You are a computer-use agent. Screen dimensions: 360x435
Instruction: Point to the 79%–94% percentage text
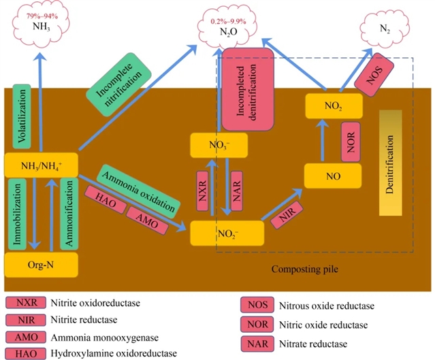(x=41, y=15)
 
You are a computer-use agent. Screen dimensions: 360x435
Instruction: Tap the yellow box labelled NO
(x=332, y=175)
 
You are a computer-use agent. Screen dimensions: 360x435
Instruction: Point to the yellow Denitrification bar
(x=390, y=163)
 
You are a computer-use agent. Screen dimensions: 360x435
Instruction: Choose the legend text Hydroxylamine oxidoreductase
(x=113, y=353)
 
